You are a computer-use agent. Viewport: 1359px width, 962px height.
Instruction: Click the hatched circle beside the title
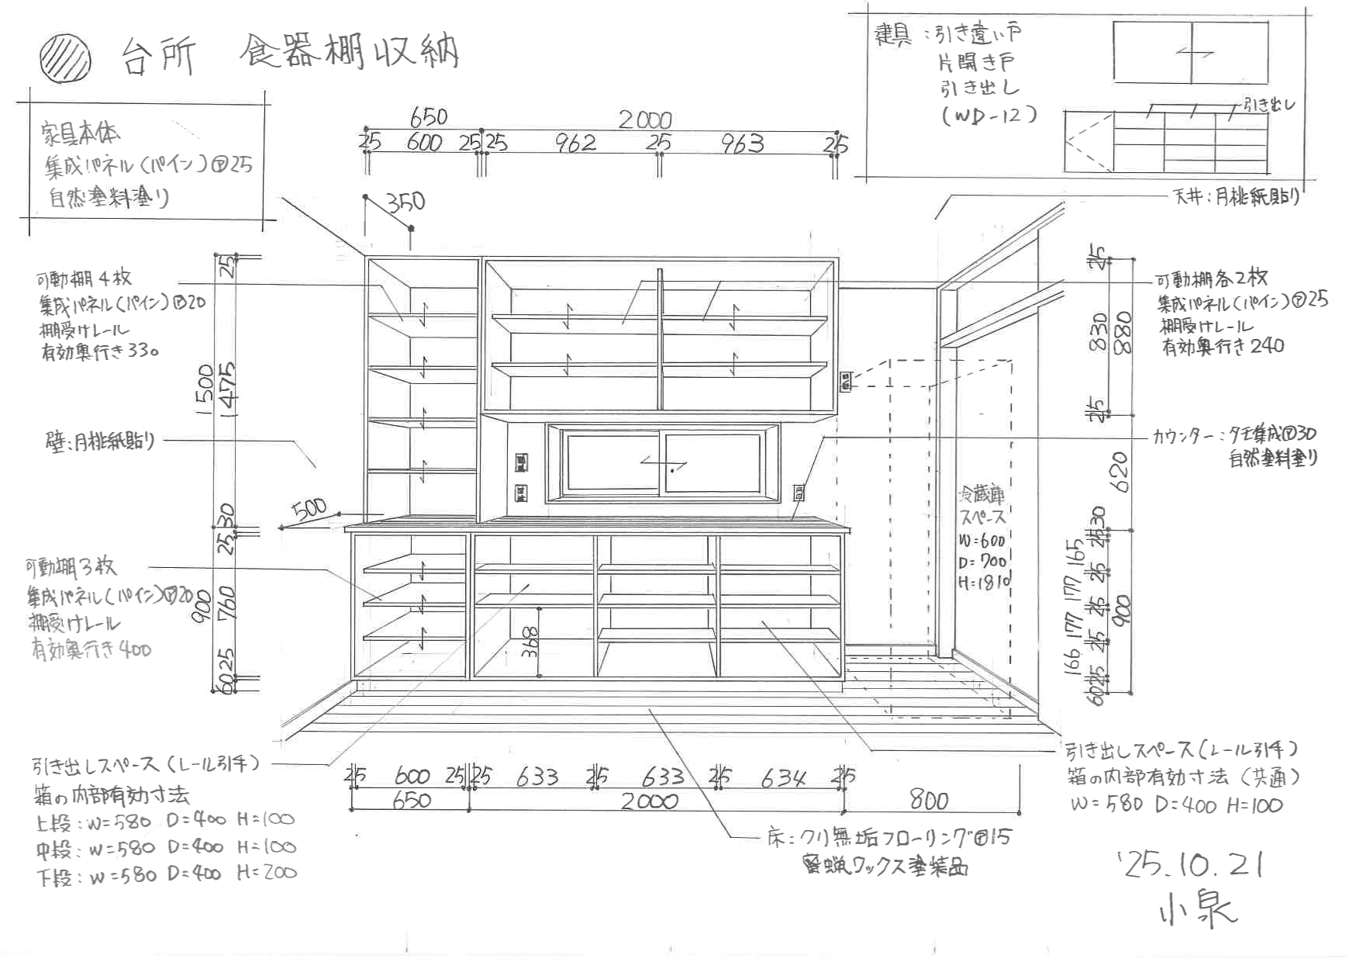click(x=66, y=58)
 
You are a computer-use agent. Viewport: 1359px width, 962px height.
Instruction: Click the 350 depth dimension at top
click(x=406, y=202)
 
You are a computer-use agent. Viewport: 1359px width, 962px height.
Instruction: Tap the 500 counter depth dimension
click(x=309, y=510)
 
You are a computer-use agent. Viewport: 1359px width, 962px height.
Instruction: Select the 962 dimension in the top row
click(x=575, y=143)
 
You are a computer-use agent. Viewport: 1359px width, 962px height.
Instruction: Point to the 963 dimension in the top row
click(x=742, y=144)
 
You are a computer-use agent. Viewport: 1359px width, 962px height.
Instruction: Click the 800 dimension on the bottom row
click(x=929, y=800)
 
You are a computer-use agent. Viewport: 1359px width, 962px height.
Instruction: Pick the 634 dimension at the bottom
click(x=783, y=777)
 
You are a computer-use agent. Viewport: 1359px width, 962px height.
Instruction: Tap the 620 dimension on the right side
click(x=1119, y=472)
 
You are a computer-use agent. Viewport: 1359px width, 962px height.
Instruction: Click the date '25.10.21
click(x=1190, y=864)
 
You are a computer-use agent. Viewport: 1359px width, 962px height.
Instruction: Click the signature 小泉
click(x=1198, y=909)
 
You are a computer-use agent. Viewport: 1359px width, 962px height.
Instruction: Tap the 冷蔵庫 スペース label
click(x=982, y=505)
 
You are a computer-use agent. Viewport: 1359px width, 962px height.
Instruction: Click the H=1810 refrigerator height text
click(x=983, y=582)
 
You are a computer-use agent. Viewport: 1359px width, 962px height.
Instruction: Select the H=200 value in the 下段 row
click(x=267, y=872)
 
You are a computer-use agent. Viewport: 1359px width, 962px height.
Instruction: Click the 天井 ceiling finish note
click(x=1236, y=197)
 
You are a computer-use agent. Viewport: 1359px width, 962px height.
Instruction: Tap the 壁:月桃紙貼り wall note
click(x=100, y=441)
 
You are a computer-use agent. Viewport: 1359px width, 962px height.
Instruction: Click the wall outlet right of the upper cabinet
click(x=846, y=381)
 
